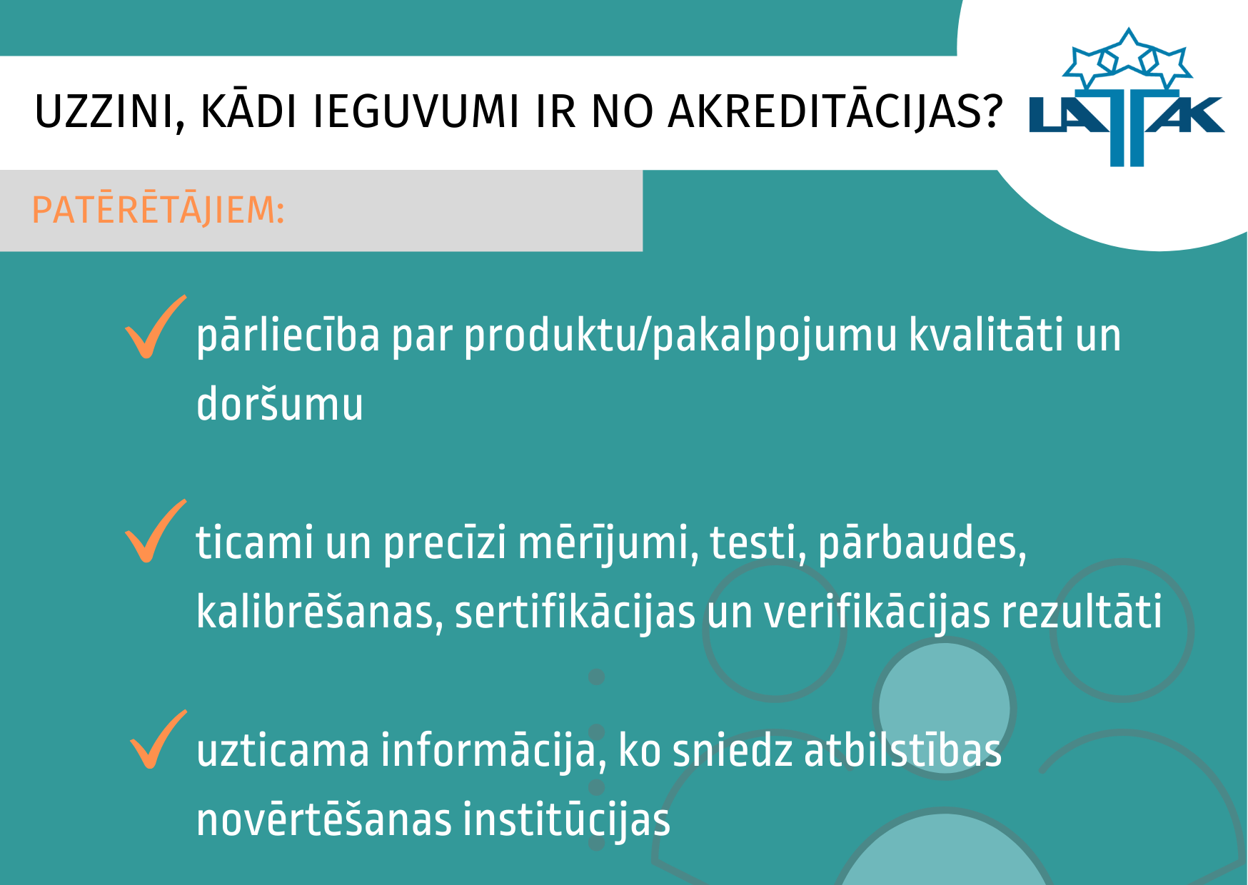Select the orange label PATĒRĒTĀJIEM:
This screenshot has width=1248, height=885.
click(158, 211)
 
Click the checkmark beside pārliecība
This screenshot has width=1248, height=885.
click(155, 327)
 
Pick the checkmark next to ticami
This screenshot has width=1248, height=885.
click(155, 531)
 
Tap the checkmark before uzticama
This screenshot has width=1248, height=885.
click(158, 739)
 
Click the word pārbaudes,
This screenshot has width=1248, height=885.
click(922, 545)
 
